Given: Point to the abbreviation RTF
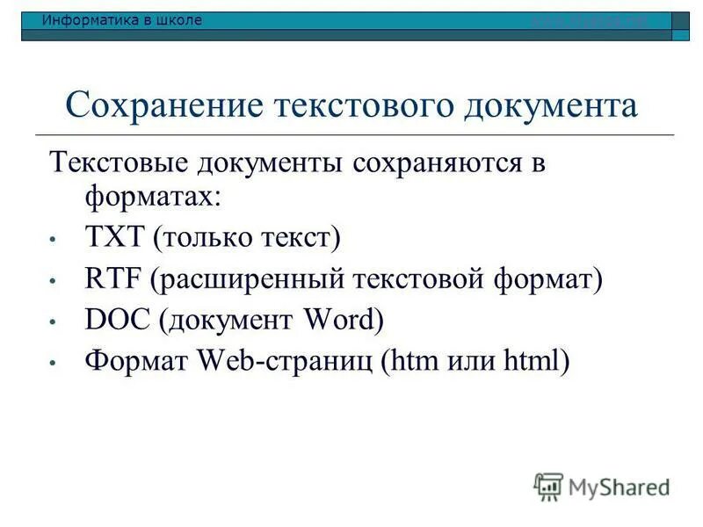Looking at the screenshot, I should coord(114,279).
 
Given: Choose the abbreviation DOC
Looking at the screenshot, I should coord(118,320).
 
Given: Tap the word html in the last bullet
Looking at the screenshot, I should coord(532,360).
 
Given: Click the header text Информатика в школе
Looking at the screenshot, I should coord(122,20).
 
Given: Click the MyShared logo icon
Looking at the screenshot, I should coord(548,486).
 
